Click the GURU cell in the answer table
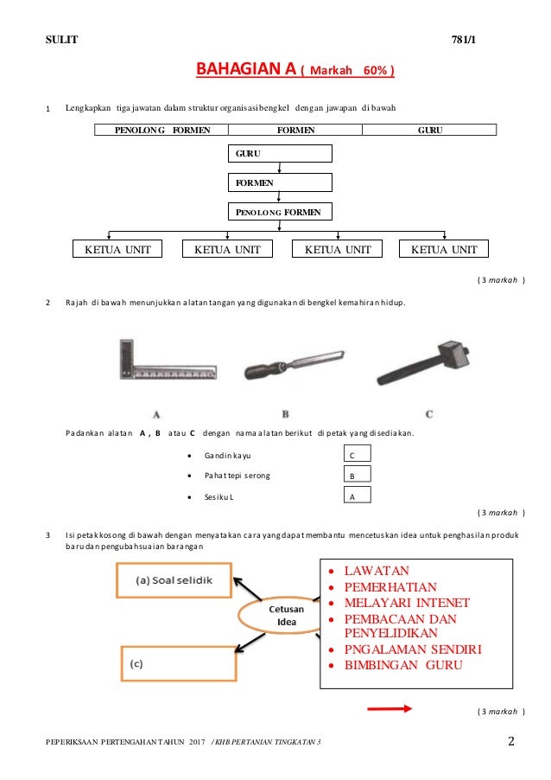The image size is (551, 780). click(x=429, y=130)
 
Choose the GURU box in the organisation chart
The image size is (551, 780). click(x=280, y=154)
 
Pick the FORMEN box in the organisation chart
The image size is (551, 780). click(x=280, y=183)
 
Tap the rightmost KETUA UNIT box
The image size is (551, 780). click(x=444, y=249)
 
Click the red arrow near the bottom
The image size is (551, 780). click(x=389, y=709)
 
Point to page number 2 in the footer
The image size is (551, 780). click(x=511, y=742)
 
